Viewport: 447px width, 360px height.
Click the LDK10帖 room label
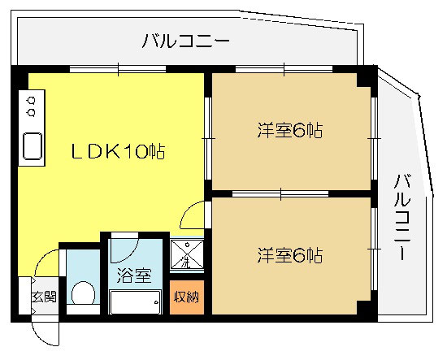coord(118,151)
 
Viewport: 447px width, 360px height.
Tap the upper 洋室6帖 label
coord(290,130)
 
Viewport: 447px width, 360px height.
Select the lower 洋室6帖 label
coord(290,255)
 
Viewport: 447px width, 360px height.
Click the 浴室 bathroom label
coord(134,275)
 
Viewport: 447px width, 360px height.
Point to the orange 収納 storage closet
coord(187,297)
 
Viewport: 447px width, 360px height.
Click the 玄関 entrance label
coord(44,297)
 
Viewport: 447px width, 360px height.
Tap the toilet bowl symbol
coord(83,293)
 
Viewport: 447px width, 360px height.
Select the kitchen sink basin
coord(33,146)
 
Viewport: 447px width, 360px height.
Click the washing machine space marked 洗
coord(187,254)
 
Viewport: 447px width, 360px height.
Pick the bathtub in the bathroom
coord(135,302)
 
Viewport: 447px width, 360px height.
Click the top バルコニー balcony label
coord(185,41)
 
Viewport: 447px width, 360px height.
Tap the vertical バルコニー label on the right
coord(402,217)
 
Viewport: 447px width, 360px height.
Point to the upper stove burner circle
coord(32,101)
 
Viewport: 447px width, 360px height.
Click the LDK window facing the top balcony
coord(118,69)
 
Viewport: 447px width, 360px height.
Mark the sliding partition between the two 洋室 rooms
coord(280,194)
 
